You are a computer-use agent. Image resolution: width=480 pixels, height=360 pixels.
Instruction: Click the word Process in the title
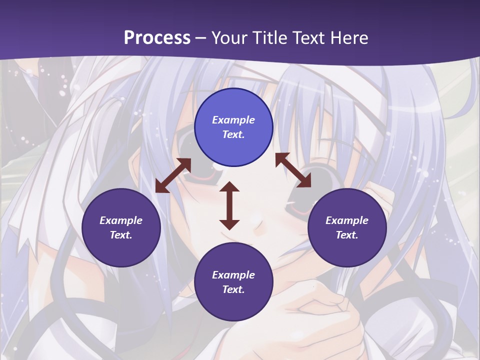[x=157, y=37]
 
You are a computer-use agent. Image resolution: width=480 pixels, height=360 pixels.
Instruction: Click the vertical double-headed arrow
[x=229, y=205]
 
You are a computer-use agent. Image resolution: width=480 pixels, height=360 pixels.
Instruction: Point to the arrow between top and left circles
[x=173, y=175]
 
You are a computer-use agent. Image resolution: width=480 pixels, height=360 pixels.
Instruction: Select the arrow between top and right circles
[x=293, y=170]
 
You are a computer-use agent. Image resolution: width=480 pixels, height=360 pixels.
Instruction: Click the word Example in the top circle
[x=233, y=120]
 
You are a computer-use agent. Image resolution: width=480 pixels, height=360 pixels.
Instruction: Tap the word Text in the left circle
[x=121, y=235]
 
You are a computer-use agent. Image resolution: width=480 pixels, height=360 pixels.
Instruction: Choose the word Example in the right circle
[x=347, y=220]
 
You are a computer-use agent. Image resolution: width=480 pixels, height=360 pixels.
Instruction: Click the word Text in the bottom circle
[x=233, y=289]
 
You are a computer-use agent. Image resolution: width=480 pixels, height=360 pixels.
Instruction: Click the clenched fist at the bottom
[x=320, y=310]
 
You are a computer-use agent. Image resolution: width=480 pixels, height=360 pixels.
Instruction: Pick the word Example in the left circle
[x=121, y=220]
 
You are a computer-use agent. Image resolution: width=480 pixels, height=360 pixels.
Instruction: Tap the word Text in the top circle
[x=233, y=134]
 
